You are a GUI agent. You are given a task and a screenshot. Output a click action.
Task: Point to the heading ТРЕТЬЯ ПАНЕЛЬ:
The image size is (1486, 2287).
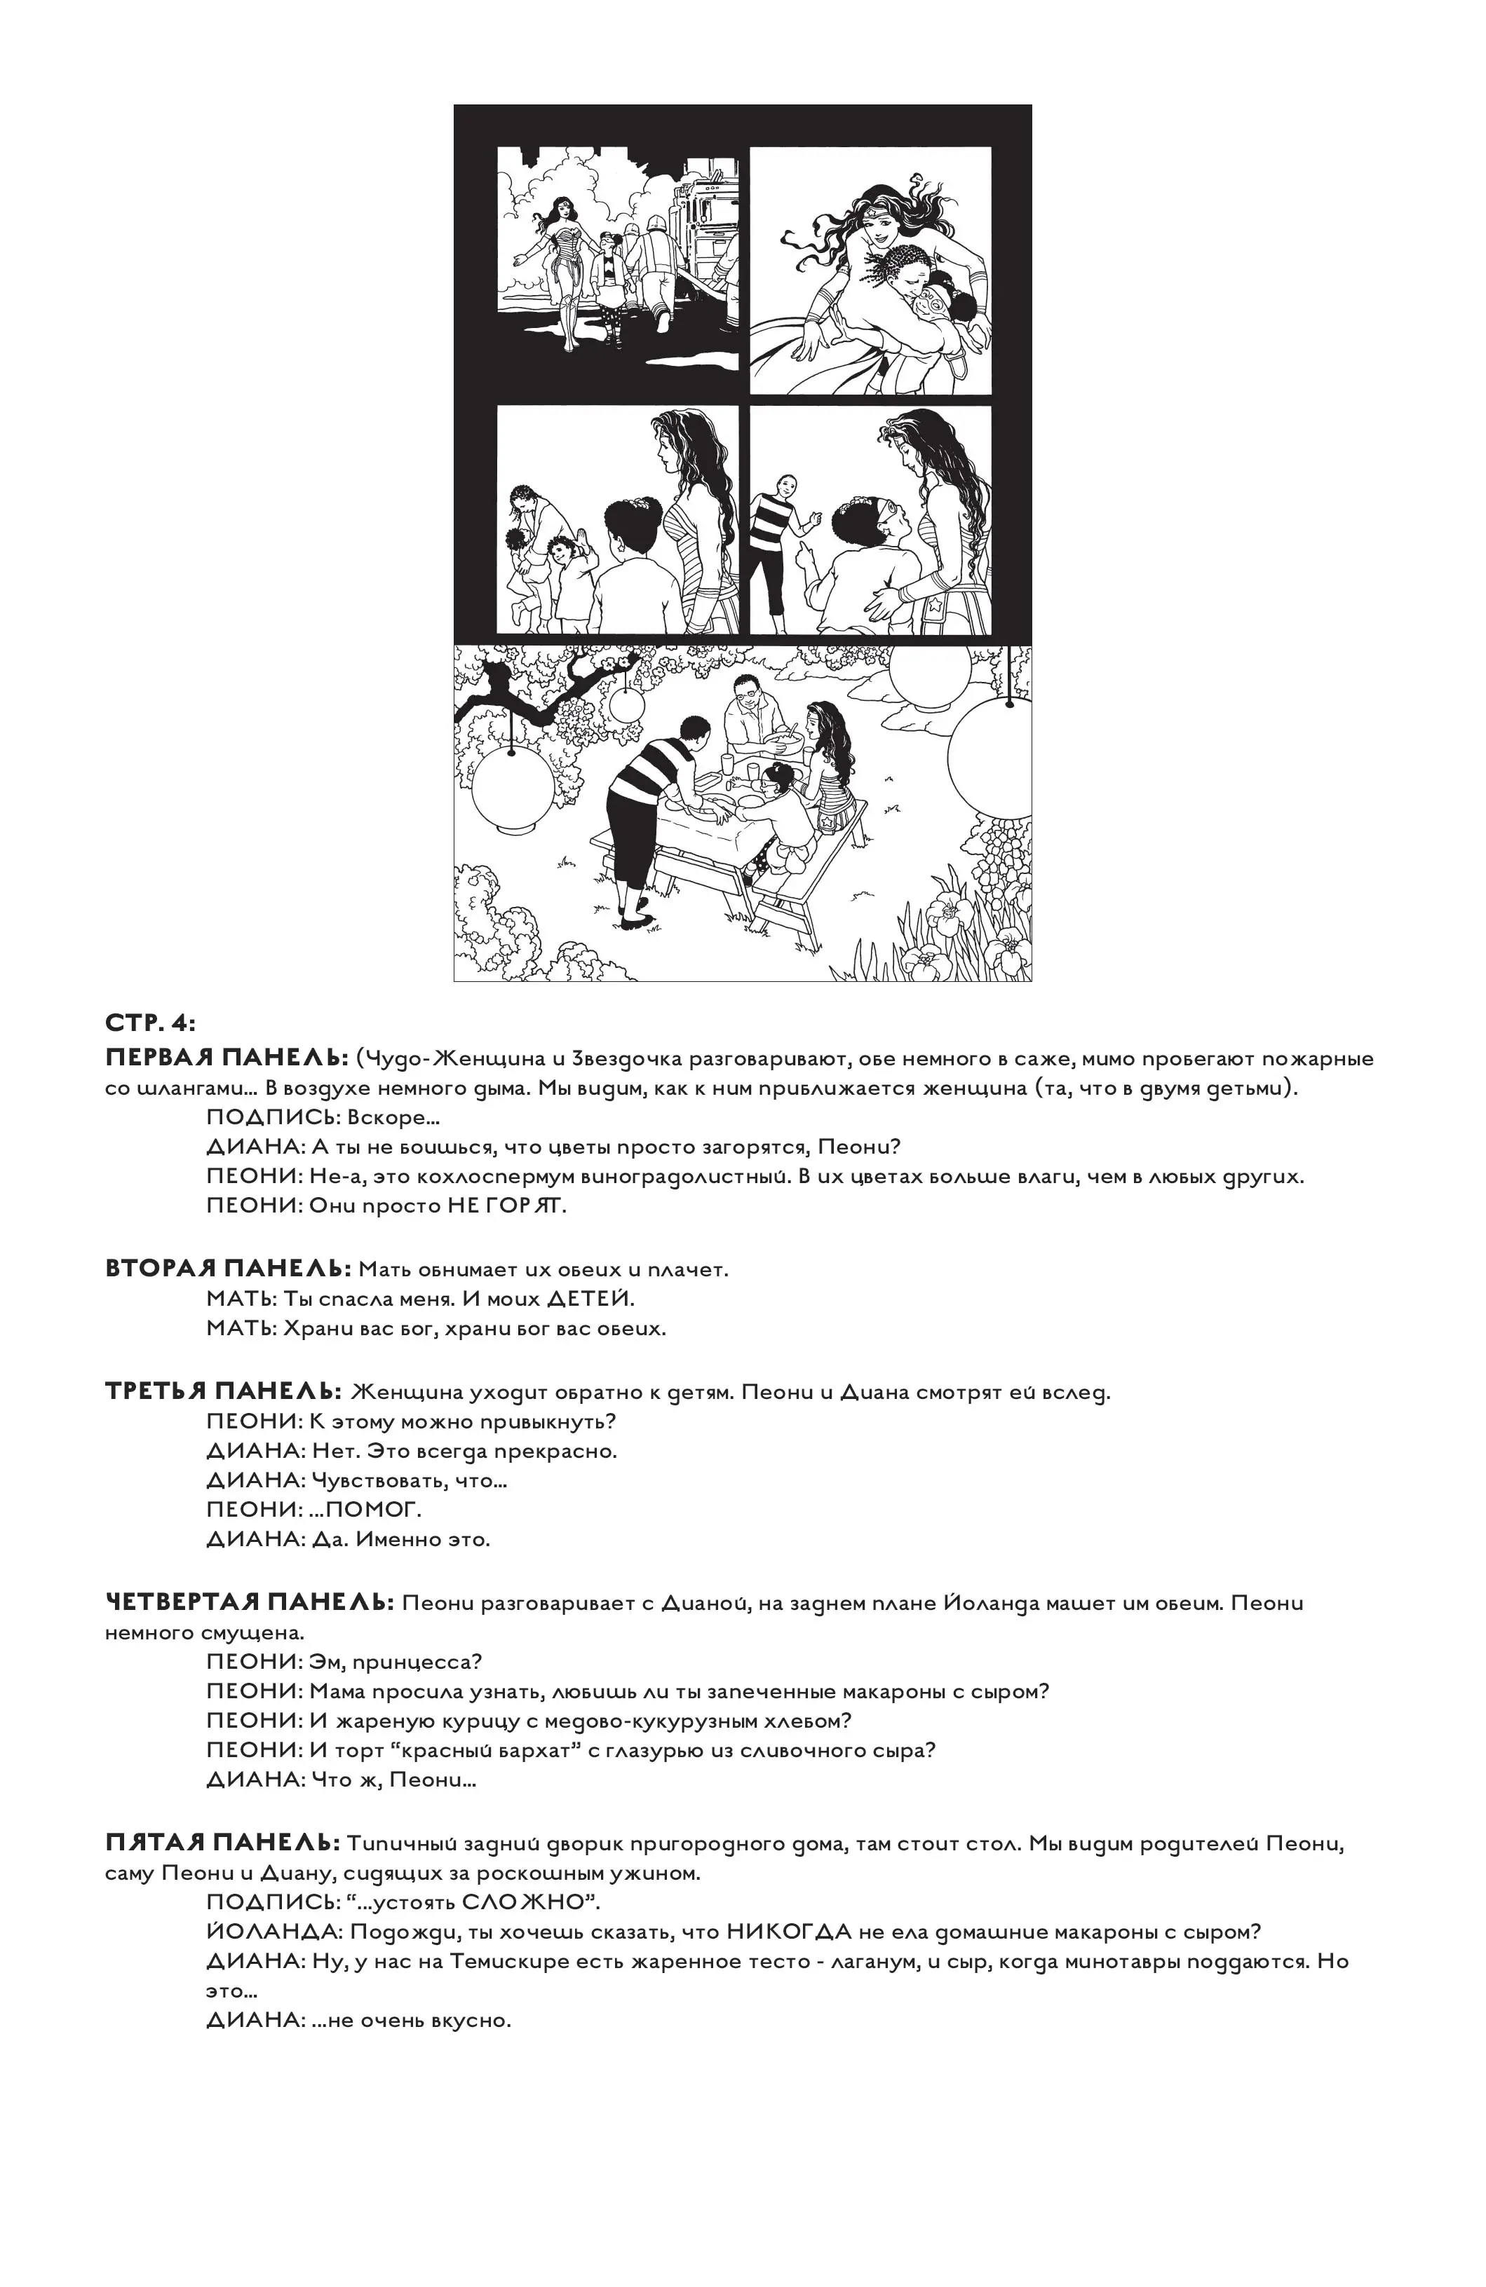pyautogui.click(x=223, y=1391)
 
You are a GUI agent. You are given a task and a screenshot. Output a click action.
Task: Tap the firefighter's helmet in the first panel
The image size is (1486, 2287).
pyautogui.click(x=656, y=227)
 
